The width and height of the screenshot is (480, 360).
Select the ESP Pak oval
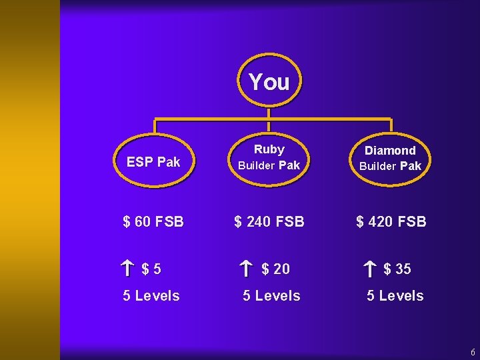[154, 161]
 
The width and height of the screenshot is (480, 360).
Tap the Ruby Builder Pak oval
[269, 157]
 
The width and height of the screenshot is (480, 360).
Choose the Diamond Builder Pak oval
[390, 158]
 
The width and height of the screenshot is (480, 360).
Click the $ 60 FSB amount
[153, 221]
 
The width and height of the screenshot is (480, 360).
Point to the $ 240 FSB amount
[269, 221]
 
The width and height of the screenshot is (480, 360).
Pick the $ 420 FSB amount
[391, 221]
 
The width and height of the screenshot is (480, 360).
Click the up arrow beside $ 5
[128, 269]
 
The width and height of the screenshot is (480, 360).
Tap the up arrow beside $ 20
[246, 269]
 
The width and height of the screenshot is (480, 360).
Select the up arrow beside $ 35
[370, 269]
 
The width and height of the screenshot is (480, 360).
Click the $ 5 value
[151, 269]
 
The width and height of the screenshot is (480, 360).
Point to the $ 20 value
[275, 269]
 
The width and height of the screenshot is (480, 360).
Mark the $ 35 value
[397, 269]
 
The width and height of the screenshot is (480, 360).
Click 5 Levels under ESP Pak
[151, 295]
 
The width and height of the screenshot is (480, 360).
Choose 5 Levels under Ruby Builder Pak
[271, 295]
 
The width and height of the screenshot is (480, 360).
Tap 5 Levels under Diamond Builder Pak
[395, 295]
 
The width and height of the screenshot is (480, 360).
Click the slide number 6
[473, 351]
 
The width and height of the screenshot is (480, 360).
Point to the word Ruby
[269, 149]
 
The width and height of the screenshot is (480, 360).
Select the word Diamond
[391, 151]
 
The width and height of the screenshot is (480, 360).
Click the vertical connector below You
[268, 113]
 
